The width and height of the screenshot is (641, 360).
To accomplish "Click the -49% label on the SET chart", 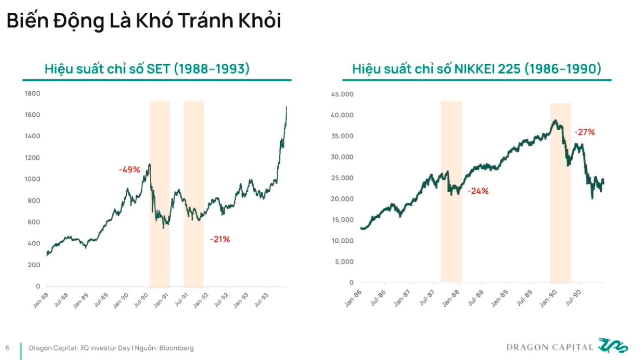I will (x=130, y=170).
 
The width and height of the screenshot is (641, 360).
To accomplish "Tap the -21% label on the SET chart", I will (x=220, y=239).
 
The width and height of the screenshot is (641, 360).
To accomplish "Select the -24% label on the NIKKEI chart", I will (x=478, y=191).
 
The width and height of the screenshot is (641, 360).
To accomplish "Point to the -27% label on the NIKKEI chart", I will (x=585, y=132).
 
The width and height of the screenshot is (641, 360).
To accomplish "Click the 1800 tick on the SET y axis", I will (x=32, y=93).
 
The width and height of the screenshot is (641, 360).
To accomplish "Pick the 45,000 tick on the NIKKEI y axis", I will (x=343, y=94).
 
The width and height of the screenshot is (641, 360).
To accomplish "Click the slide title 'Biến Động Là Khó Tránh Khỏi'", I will (x=143, y=21).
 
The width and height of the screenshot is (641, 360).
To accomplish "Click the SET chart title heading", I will (x=147, y=69).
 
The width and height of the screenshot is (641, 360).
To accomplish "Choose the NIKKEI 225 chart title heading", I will (x=477, y=69).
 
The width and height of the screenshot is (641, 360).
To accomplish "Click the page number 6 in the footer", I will (x=7, y=348).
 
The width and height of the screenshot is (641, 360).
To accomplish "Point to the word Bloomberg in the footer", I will (x=176, y=348).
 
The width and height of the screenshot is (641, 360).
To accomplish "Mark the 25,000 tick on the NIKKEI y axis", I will (x=343, y=178).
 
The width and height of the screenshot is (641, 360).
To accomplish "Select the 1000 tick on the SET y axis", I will (x=32, y=179).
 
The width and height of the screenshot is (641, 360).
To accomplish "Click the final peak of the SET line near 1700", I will (x=286, y=107).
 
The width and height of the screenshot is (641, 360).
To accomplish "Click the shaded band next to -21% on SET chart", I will (x=194, y=194).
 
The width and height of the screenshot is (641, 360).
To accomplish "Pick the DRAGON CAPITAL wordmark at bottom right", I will (x=550, y=347).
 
